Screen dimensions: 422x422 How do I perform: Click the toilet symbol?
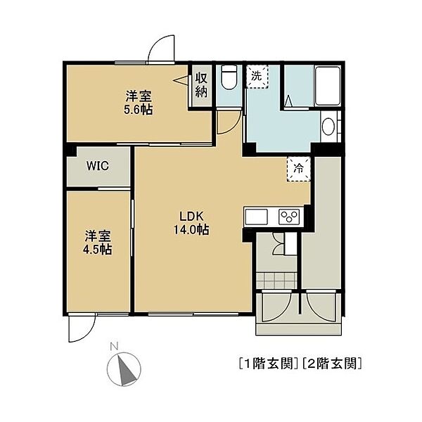tap(229, 77)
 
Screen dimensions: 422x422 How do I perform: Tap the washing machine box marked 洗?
tap(257, 77)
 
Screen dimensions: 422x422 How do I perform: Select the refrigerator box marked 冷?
tap(299, 169)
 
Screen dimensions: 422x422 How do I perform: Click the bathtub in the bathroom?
tap(328, 86)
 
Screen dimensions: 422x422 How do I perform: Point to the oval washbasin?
tap(328, 127)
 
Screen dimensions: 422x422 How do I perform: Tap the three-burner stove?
tap(289, 217)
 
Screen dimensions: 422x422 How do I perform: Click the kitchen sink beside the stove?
tap(256, 217)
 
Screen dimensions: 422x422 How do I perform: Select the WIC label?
tap(98, 166)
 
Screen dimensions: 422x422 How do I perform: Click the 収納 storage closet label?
tap(202, 85)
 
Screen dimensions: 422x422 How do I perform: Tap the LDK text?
tap(191, 216)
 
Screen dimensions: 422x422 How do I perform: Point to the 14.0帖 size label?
tap(191, 229)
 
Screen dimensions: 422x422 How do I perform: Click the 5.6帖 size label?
tap(138, 110)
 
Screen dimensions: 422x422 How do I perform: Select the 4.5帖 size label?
tap(97, 250)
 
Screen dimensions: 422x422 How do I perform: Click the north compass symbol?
tap(124, 369)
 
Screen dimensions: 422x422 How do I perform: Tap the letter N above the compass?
tap(115, 346)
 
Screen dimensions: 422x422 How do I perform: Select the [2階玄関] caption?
tap(331, 364)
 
